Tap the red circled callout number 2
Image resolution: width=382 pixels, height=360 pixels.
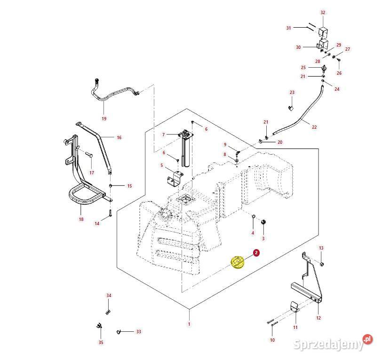point(256,253)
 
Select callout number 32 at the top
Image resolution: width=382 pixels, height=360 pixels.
point(323,12)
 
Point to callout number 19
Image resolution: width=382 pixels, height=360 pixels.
point(104,118)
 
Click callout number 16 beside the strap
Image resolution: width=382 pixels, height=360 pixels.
point(119,138)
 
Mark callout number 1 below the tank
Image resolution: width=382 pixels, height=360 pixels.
point(189,324)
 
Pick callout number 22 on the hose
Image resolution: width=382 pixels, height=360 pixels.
point(314,126)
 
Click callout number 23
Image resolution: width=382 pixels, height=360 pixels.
point(292,93)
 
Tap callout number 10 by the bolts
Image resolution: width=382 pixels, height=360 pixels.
point(272,339)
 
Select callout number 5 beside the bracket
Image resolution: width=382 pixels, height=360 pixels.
point(161,165)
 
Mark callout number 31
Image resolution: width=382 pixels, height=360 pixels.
point(289,28)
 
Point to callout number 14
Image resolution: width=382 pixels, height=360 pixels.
point(97,224)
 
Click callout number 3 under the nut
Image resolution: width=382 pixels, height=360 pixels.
point(263,238)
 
